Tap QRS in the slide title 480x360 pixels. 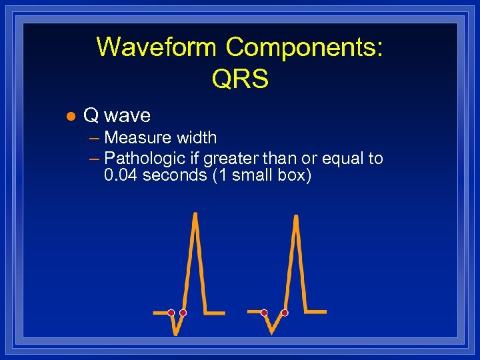point(240,79)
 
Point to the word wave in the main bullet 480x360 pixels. point(128,116)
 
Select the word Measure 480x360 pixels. point(138,138)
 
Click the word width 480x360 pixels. point(196,138)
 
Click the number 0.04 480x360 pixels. point(121,177)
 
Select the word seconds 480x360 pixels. point(175,177)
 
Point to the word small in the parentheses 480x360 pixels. point(249,177)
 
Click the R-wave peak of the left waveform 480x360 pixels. point(195,215)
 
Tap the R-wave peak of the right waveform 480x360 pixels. point(294,215)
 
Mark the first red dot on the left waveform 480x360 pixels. point(171,312)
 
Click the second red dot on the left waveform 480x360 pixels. point(183,312)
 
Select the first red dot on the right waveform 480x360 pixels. point(264,312)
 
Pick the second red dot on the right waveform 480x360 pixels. point(285,312)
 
